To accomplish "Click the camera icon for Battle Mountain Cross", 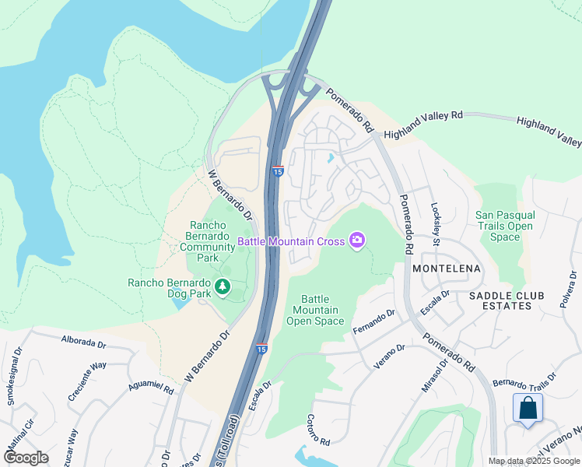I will [x=357, y=241].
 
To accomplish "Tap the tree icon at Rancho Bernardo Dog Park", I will [x=223, y=288].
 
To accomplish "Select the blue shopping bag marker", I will [x=528, y=409].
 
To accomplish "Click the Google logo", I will [x=26, y=458].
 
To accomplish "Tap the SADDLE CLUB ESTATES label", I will [x=511, y=300].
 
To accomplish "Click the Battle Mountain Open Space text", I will [x=322, y=310].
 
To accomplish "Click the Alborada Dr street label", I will [x=83, y=342].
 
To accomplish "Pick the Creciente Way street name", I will [x=86, y=381].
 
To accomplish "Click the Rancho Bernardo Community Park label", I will [x=208, y=241].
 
